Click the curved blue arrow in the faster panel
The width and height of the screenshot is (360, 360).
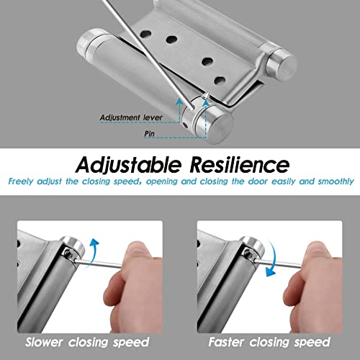[273, 266]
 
